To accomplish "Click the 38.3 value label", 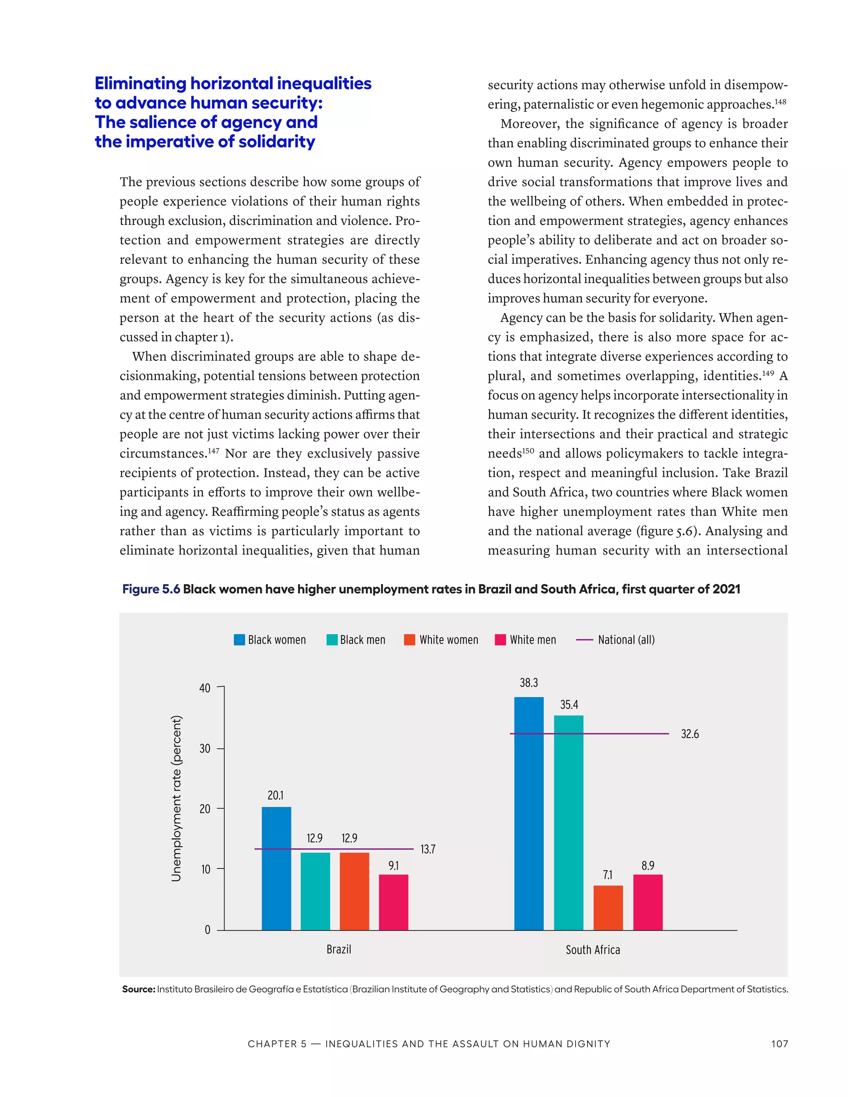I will click(x=528, y=683).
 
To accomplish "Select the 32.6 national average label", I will click(x=690, y=734).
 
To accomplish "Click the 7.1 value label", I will click(x=608, y=875).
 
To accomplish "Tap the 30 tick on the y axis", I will click(x=205, y=748).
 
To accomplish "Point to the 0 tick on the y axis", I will click(x=207, y=930).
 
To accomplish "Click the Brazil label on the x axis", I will click(x=339, y=949).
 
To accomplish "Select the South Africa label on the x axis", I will click(x=593, y=950).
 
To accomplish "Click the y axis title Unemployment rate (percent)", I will click(x=176, y=798).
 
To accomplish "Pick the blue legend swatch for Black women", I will click(x=239, y=640).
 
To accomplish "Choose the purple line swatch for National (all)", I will click(x=584, y=640).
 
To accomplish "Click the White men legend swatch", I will click(x=500, y=640).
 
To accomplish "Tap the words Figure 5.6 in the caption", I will click(x=151, y=589).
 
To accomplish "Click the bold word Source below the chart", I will click(x=138, y=989).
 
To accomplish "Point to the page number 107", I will click(x=779, y=1044).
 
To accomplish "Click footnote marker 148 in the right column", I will click(x=780, y=102).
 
